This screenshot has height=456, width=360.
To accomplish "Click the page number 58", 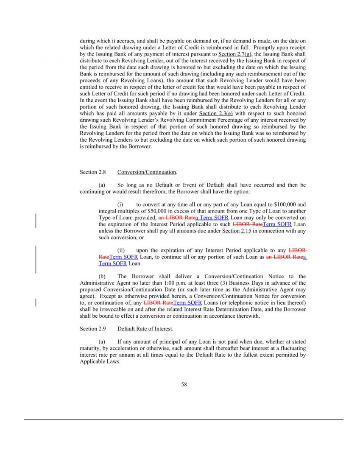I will (184, 385).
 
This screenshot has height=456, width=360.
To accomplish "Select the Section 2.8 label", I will (92, 172).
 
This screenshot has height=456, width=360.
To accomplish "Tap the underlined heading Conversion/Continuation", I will (147, 172).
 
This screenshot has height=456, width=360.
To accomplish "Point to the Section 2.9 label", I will (92, 329).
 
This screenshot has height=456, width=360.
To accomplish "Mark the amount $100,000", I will (289, 204).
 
